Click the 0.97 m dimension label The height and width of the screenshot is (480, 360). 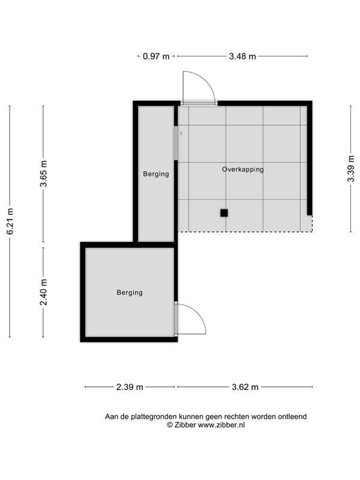[x=156, y=56]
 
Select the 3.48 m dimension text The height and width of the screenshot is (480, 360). [x=242, y=56]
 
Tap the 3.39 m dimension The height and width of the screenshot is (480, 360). [x=351, y=169]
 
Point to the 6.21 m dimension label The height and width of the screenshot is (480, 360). [x=10, y=221]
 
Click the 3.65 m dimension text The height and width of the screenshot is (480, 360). [x=43, y=173]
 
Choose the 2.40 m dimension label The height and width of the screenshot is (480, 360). [x=43, y=292]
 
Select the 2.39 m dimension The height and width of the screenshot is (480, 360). [x=130, y=387]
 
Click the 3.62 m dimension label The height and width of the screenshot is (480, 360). [x=245, y=387]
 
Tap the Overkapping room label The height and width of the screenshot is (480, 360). [x=243, y=169]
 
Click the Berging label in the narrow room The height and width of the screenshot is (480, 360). [x=156, y=174]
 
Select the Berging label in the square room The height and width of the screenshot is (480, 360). [x=130, y=292]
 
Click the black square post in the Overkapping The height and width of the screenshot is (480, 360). [x=224, y=213]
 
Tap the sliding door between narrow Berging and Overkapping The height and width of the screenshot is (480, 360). [x=176, y=143]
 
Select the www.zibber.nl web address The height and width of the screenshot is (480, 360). [x=221, y=425]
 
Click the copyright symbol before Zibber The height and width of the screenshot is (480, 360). [x=170, y=425]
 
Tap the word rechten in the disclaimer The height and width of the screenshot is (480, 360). [x=237, y=416]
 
